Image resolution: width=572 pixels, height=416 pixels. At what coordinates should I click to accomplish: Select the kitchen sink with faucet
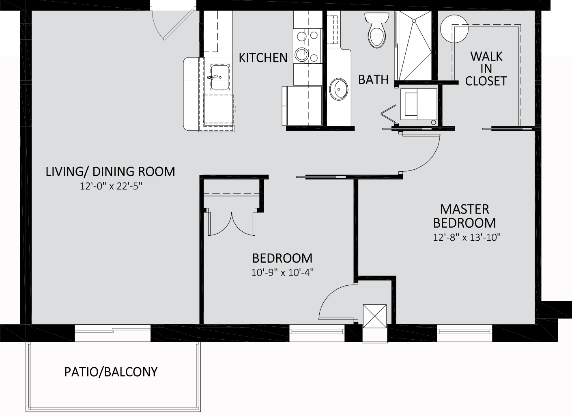220,77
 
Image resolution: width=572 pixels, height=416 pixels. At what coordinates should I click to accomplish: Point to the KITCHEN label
263,58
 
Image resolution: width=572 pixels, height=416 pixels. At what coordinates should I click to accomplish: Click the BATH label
373,80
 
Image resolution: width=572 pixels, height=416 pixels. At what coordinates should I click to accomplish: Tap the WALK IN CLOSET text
486,69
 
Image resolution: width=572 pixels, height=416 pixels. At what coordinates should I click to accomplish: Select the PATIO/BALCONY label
111,372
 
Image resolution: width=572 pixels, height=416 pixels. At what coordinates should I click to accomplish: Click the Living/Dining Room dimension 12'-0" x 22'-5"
111,186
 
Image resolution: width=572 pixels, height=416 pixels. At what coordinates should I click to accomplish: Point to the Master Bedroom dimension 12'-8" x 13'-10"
467,237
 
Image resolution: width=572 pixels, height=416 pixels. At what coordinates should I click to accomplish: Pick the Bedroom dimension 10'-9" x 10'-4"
282,273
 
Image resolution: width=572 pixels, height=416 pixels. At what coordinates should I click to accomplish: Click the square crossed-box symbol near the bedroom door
374,316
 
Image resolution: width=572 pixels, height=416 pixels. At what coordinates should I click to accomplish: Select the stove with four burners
307,46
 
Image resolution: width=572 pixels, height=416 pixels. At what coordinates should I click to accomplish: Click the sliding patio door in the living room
113,333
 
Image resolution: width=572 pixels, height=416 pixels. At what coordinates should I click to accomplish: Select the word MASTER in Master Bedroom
464,209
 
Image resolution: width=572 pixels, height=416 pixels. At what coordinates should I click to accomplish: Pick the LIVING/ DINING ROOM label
110,171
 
